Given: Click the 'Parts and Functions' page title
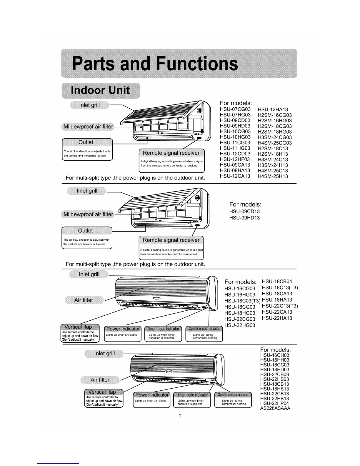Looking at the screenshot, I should pyautogui.click(x=155, y=64).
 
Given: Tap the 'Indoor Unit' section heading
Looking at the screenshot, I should pyautogui.click(x=100, y=90).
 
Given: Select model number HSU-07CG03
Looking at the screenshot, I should pyautogui.click(x=235, y=109).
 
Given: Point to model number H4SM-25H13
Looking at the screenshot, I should pyautogui.click(x=273, y=176).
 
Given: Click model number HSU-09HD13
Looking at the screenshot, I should pyautogui.click(x=244, y=218).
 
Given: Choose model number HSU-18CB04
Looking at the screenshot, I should pyautogui.click(x=277, y=282).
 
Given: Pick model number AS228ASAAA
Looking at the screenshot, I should pyautogui.click(x=275, y=408).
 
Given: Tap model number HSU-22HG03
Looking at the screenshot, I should pyautogui.click(x=240, y=325).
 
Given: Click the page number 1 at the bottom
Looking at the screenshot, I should pyautogui.click(x=180, y=416).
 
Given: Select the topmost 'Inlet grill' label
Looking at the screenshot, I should pyautogui.click(x=89, y=105).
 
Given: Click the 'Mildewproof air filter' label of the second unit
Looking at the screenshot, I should pyautogui.click(x=88, y=214).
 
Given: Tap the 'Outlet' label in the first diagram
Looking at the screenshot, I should pyautogui.click(x=86, y=142).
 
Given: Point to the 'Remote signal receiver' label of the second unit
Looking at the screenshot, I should pyautogui.click(x=171, y=240).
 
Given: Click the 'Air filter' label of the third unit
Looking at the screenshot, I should pyautogui.click(x=84, y=300).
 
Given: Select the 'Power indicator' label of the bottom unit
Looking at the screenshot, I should pyautogui.click(x=152, y=395).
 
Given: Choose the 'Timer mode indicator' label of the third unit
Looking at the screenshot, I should pyautogui.click(x=163, y=329).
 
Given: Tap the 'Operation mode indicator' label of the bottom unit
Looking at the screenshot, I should pyautogui.click(x=233, y=395).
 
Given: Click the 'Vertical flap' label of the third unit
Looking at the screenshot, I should pyautogui.click(x=78, y=327).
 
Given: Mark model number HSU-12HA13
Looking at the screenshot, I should pyautogui.click(x=273, y=109).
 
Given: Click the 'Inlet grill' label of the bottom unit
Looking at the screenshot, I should pyautogui.click(x=104, y=353).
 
